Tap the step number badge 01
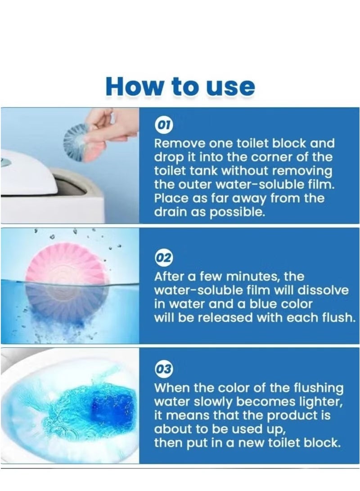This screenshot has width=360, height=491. [163, 125]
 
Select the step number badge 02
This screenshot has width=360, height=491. [163, 258]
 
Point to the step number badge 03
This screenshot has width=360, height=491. [163, 369]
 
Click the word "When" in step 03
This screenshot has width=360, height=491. [172, 388]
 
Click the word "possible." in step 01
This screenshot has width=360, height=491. [237, 213]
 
